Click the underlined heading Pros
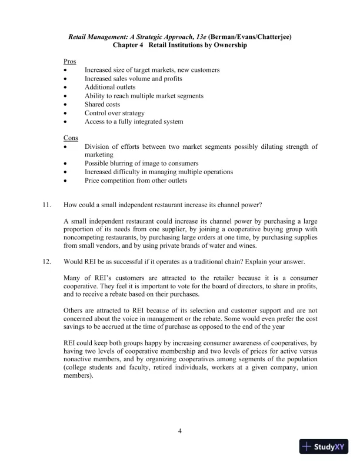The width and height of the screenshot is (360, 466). point(69,61)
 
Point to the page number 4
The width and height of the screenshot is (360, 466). point(180,431)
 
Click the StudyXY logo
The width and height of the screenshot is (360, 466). point(323,447)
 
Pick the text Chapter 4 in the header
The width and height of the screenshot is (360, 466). point(129,45)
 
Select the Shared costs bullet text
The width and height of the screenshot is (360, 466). point(102,104)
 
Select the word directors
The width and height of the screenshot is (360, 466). point(265,285)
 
